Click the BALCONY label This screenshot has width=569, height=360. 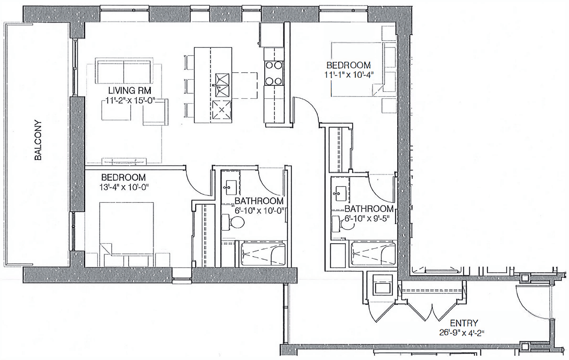pos(38,140)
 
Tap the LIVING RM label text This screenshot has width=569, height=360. pos(129,91)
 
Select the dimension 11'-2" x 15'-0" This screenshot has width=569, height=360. pos(130,101)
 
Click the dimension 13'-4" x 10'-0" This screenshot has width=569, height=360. pos(124,187)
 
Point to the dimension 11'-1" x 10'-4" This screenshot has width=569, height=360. pos(349,75)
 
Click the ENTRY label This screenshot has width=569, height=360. pos(464,323)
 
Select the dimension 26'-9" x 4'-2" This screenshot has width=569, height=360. pos(461,333)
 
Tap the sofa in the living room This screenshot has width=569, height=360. pos(123,71)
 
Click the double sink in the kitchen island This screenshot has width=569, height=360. pos(222,85)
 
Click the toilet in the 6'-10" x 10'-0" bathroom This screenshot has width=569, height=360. pos(233,223)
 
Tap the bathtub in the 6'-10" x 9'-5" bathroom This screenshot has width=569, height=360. pos(373,254)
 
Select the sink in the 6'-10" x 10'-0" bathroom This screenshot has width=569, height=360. pos(231,188)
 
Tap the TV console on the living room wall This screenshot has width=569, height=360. pos(124,161)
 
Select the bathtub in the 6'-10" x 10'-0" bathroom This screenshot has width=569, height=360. pos(263,254)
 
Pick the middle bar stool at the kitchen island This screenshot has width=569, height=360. pos(189,86)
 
